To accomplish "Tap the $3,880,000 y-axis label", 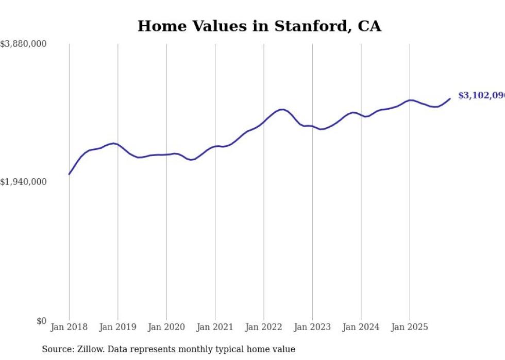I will pos(24,45).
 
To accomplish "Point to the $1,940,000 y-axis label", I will pos(24,182).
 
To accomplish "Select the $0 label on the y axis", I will pos(41,321).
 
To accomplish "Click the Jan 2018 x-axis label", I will pos(69,327).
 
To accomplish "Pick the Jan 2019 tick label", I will pos(117,327).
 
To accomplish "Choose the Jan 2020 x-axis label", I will pos(166,327).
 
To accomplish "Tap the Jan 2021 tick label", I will pos(215,327).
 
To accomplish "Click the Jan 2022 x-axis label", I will pos(264,327).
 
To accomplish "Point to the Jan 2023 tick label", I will pos(312,327).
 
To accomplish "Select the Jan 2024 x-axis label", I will pos(361,327).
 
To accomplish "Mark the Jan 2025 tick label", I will pos(410,327).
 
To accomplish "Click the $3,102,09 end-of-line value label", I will pos(481,96).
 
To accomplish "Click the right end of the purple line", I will pos(450,99).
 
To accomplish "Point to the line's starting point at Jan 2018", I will pos(69,174).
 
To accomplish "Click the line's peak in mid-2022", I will pos(281,109).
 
